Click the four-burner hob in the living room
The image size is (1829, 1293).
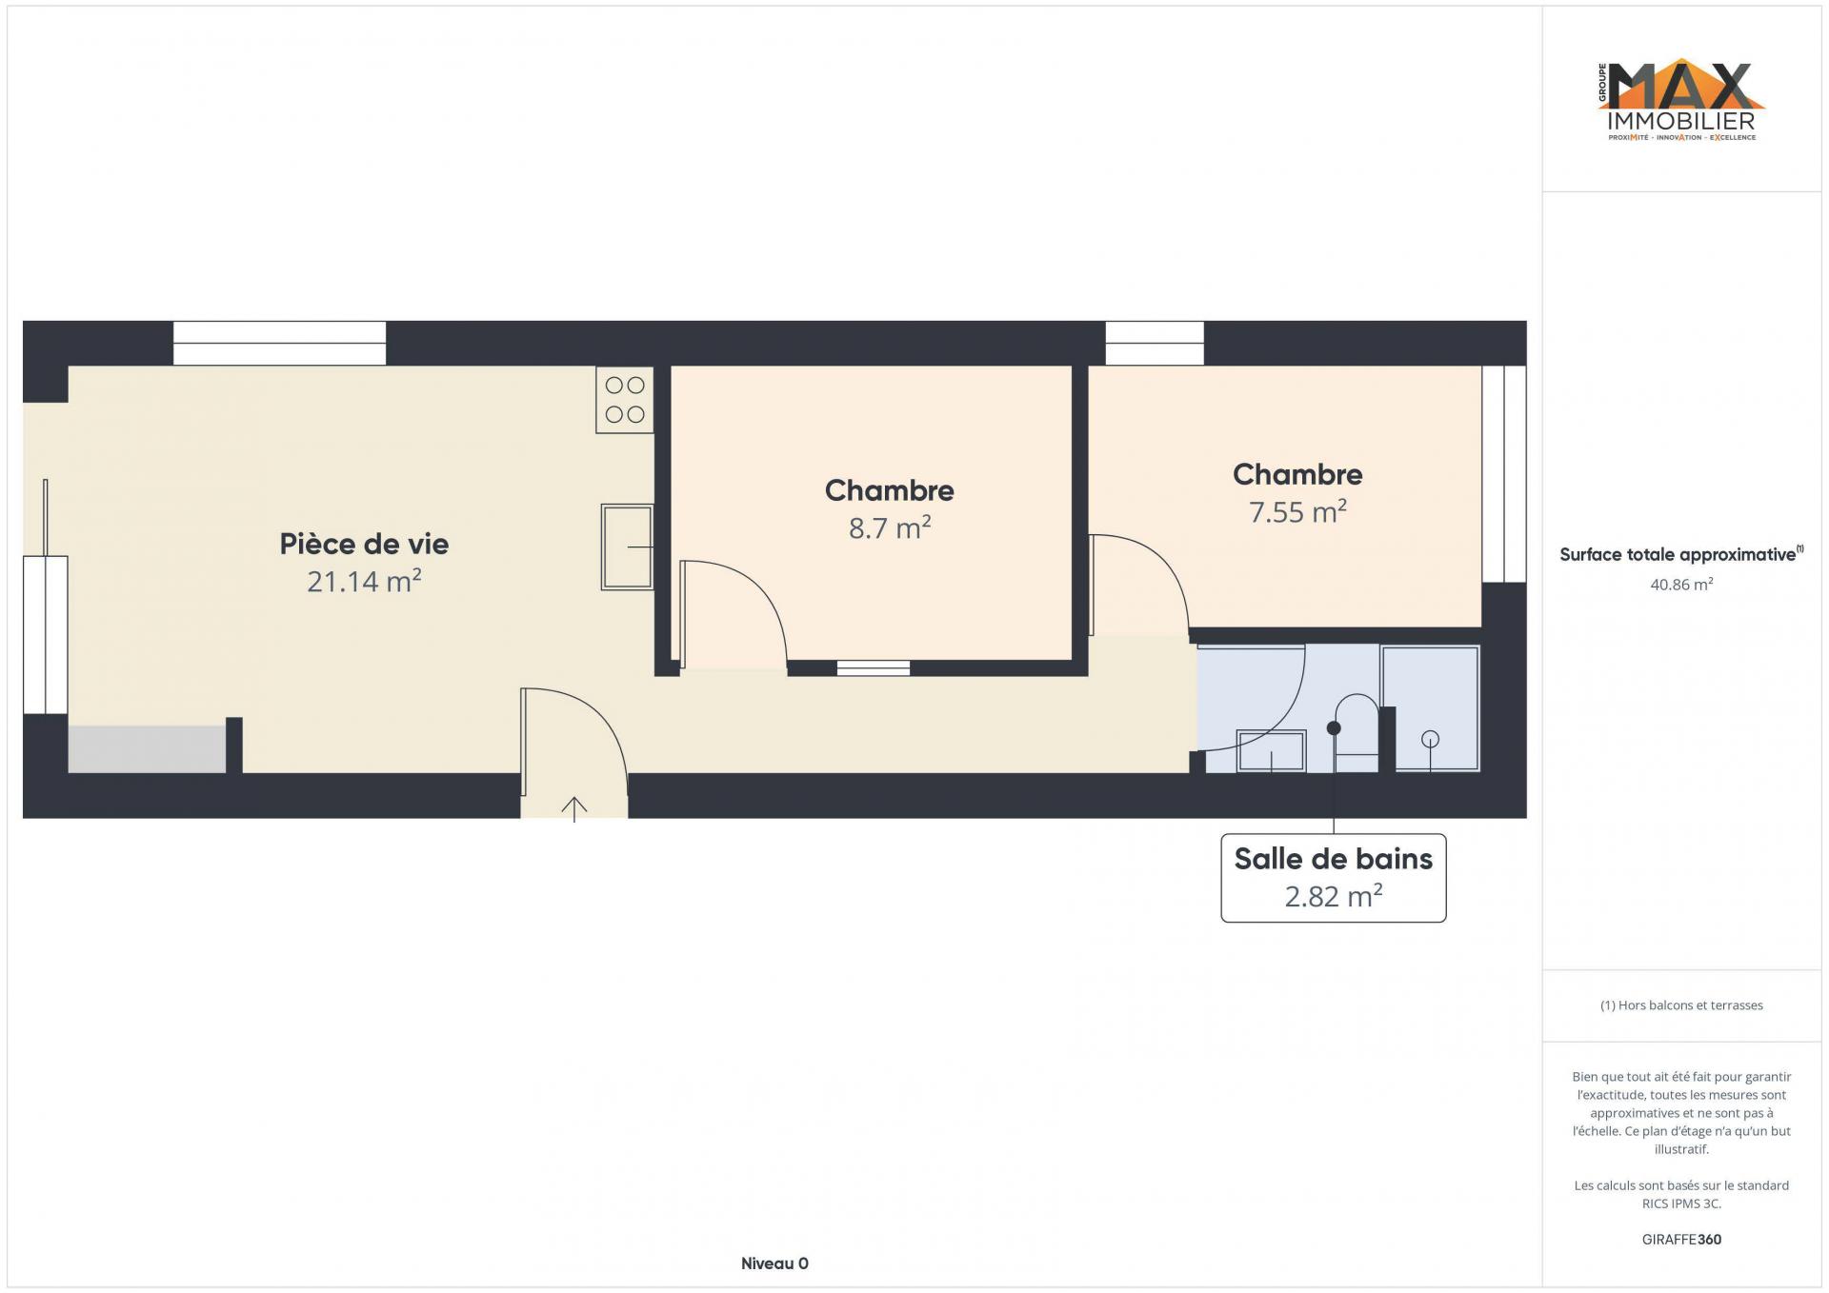click(x=625, y=400)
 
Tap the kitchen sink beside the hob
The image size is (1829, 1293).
click(x=627, y=547)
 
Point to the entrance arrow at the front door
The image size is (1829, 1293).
click(x=573, y=808)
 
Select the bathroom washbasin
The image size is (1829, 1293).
click(x=1271, y=750)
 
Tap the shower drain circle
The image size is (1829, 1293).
click(x=1430, y=739)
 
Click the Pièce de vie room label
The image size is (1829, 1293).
click(x=364, y=544)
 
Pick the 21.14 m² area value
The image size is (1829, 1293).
click(x=364, y=581)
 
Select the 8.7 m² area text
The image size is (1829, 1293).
click(x=890, y=527)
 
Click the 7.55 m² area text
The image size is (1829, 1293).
click(x=1297, y=511)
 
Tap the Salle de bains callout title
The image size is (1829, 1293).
click(x=1333, y=859)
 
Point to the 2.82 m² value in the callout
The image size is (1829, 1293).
click(x=1333, y=896)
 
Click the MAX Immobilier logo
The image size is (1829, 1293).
click(x=1681, y=102)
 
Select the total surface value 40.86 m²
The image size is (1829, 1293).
click(x=1681, y=585)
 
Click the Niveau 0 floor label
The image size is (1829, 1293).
click(x=774, y=1263)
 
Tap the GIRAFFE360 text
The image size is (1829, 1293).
click(x=1681, y=1240)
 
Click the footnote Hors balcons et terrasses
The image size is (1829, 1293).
click(x=1681, y=1005)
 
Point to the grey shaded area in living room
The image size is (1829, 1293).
click(x=147, y=749)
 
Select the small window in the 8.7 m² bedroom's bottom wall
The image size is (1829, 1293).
click(x=874, y=668)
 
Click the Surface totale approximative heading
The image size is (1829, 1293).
click(x=1681, y=554)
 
